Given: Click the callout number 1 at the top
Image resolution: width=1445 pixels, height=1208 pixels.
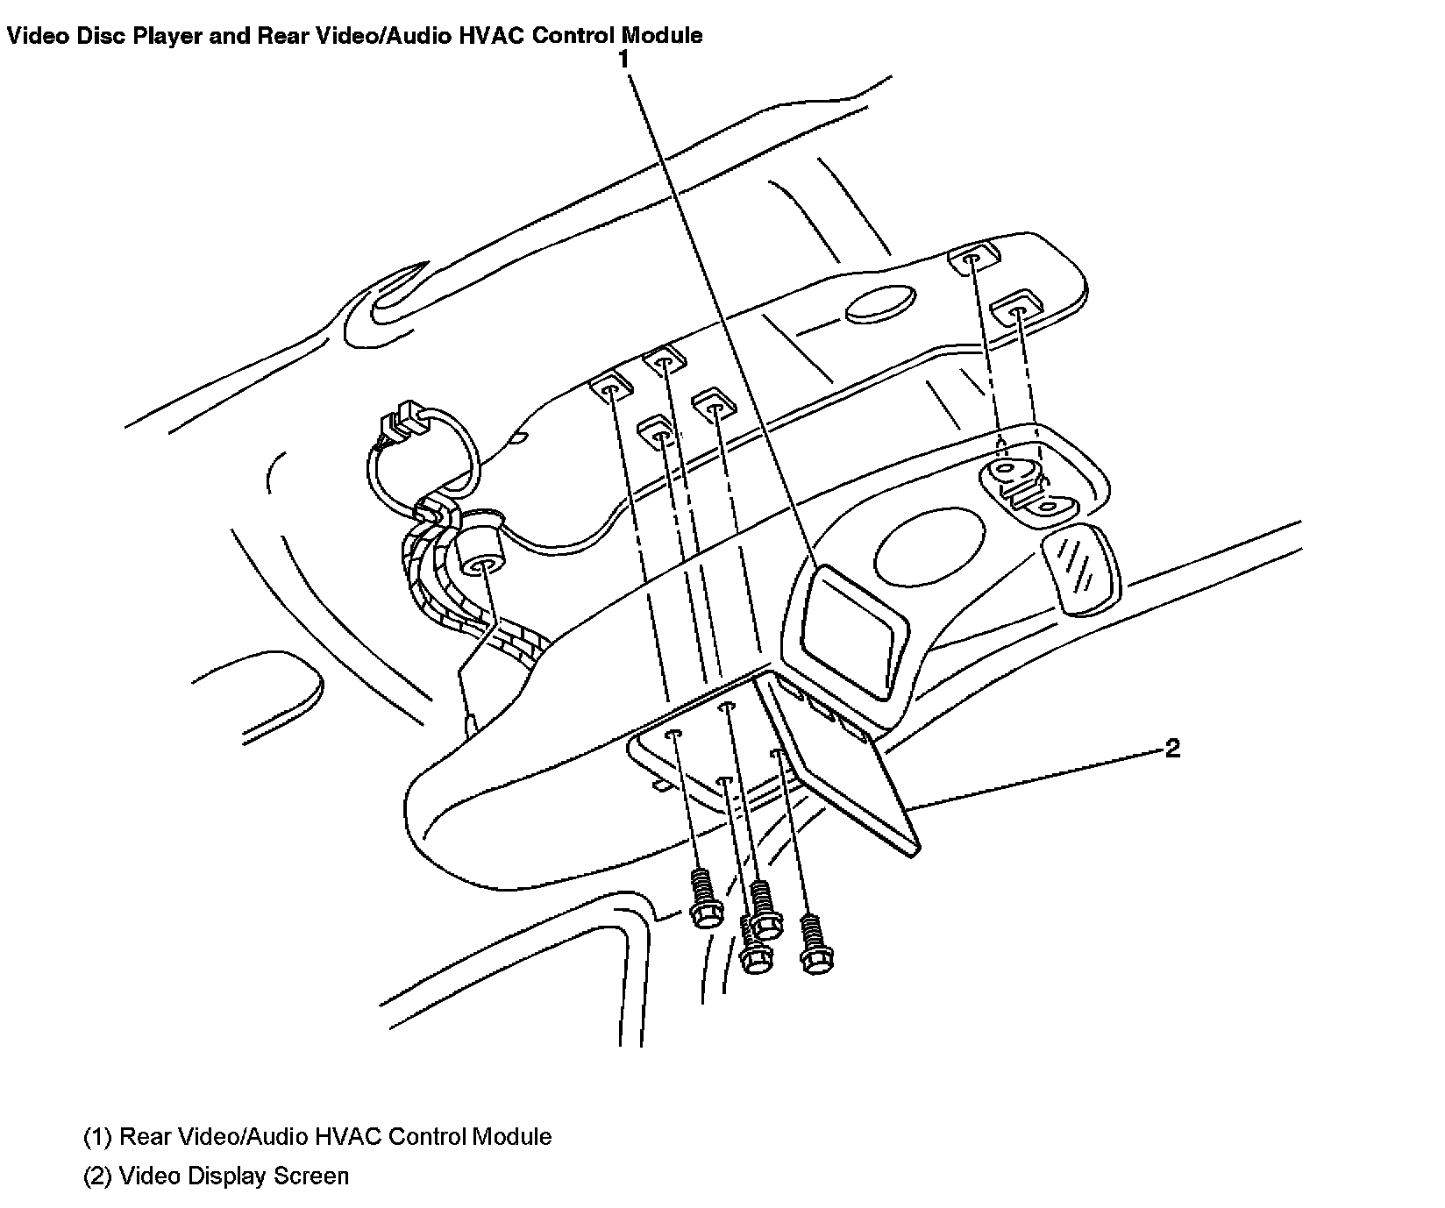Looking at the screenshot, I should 623,60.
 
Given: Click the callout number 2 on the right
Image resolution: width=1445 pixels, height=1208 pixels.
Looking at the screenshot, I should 1172,748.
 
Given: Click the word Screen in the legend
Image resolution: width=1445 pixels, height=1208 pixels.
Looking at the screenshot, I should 311,1176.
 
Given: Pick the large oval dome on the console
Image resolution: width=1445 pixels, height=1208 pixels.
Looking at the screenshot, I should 931,549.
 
